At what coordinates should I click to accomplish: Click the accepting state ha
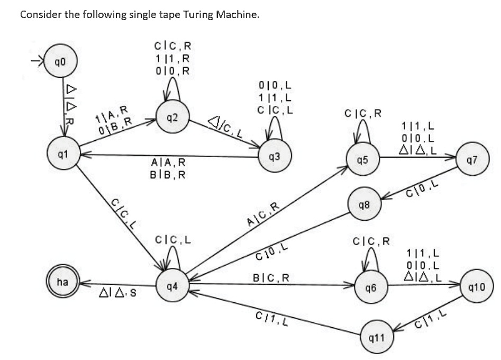pos(62,282)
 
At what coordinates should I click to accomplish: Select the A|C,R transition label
pos(263,213)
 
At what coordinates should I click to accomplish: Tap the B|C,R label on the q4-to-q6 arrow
pos(271,277)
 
